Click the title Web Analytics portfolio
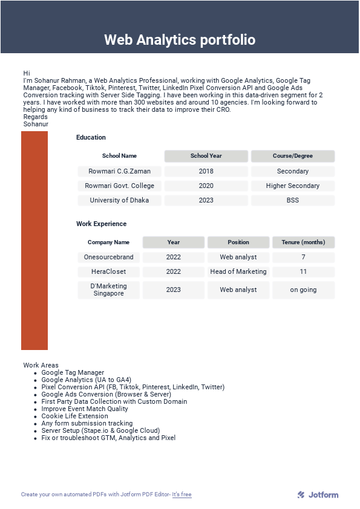(x=180, y=40)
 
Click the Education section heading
(x=91, y=137)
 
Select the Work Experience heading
(x=101, y=224)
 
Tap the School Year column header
(x=206, y=156)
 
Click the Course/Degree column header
(x=293, y=156)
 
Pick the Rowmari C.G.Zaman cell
(x=119, y=171)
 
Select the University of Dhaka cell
(x=119, y=200)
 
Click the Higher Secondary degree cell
(x=293, y=186)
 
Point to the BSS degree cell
(x=293, y=200)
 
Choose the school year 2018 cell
(x=206, y=171)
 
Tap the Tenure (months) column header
(x=303, y=242)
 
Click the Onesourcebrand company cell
(x=108, y=257)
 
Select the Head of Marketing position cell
(x=238, y=271)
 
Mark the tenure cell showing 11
(x=303, y=271)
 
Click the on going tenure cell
(x=303, y=290)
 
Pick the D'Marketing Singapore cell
(x=108, y=290)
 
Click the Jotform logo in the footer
(x=318, y=494)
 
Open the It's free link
(x=182, y=494)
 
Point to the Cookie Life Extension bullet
(x=74, y=416)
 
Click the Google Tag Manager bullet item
(x=73, y=372)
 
